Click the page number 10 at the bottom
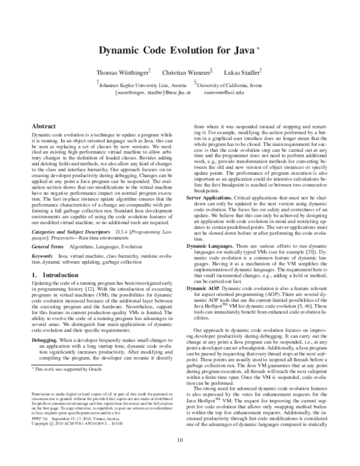(180, 456)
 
